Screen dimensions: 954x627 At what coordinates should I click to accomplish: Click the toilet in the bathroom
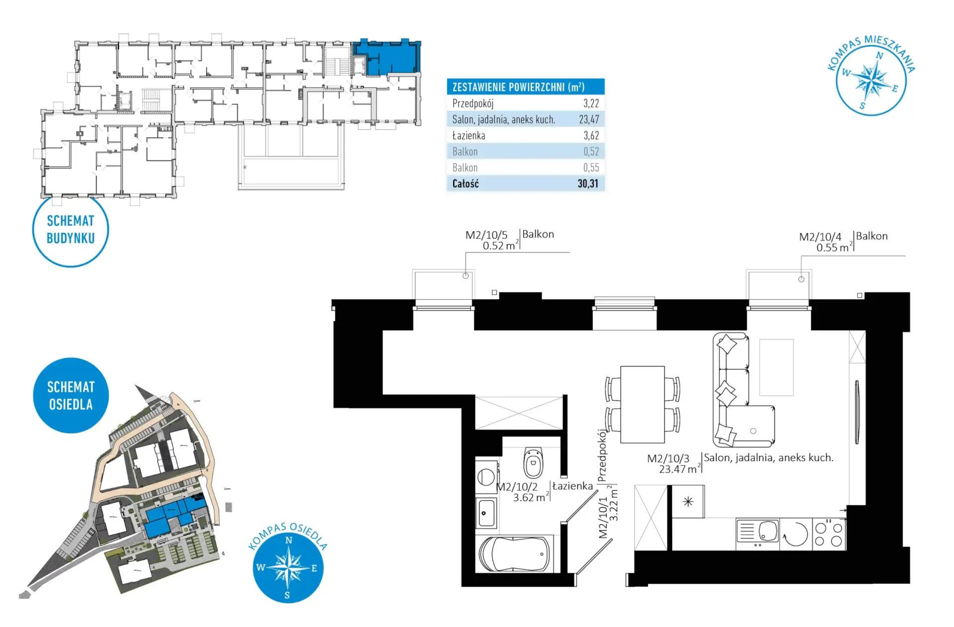coord(533,462)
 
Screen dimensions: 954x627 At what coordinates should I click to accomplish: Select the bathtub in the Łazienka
coord(514,554)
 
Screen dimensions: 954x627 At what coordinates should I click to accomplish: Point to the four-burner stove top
coord(829,534)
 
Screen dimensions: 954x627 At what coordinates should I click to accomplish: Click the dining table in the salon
coord(642,404)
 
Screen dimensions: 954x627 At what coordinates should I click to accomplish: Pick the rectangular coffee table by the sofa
coord(776,367)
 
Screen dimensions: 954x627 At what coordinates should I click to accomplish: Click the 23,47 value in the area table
coord(589,119)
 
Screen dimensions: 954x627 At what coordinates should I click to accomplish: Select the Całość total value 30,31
coord(588,183)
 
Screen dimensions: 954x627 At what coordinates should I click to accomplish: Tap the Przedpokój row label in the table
coord(473,103)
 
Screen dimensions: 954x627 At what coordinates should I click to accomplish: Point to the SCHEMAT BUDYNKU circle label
coord(71,230)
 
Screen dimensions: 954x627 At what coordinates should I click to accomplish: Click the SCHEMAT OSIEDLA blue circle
coord(71,395)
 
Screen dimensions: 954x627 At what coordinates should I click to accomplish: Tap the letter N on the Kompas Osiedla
coord(289,540)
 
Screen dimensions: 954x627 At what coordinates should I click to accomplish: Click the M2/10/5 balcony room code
coord(486,235)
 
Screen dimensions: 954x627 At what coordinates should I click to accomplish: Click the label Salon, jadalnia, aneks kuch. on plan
coord(769,458)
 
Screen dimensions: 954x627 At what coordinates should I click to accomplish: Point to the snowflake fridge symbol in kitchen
coord(688,502)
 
